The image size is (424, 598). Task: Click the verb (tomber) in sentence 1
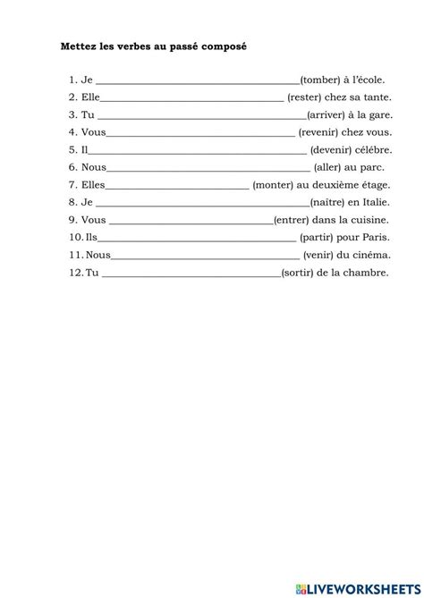[x=321, y=80]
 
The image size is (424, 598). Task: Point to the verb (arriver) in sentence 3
[x=328, y=114]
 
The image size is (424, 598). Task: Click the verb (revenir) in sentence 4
[x=320, y=132]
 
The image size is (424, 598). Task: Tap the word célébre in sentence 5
[x=367, y=149]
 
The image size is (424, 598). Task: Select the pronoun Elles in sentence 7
[x=93, y=184]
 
